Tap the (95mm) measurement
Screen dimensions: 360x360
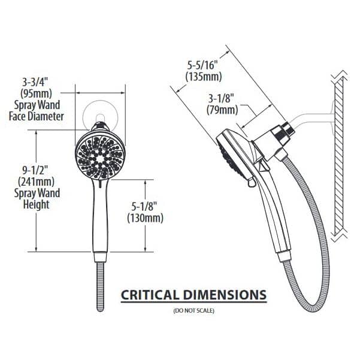37,93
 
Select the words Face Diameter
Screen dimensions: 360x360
37,116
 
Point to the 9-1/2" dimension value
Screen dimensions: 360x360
36,171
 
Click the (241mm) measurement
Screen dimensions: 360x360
37,182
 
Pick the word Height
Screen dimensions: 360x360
37,204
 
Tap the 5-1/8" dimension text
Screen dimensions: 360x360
144,207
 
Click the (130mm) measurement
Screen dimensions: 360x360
145,218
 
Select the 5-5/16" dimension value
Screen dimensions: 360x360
202,65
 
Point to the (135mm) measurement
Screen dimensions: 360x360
204,77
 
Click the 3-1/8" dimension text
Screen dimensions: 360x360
221,98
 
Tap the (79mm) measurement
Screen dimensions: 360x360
222,110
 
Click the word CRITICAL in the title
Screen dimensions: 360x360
150,295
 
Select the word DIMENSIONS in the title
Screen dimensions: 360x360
225,295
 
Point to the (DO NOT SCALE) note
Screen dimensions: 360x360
193,311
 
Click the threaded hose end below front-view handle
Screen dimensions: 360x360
100,287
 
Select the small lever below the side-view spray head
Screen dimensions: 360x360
252,182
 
